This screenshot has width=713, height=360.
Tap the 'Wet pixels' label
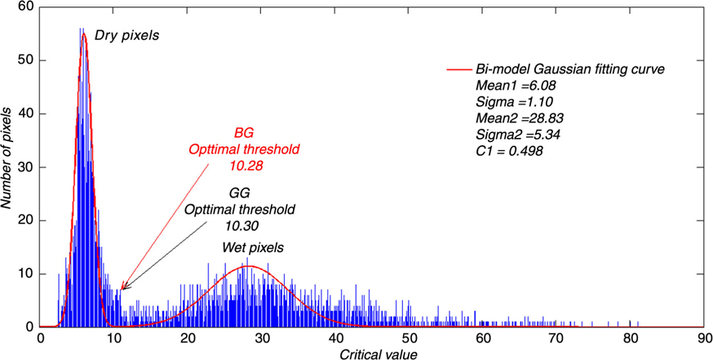point(251,247)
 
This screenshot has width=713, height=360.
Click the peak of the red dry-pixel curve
point(83,33)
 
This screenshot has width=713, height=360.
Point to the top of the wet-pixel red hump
point(250,266)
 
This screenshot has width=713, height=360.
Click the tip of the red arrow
point(119,289)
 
